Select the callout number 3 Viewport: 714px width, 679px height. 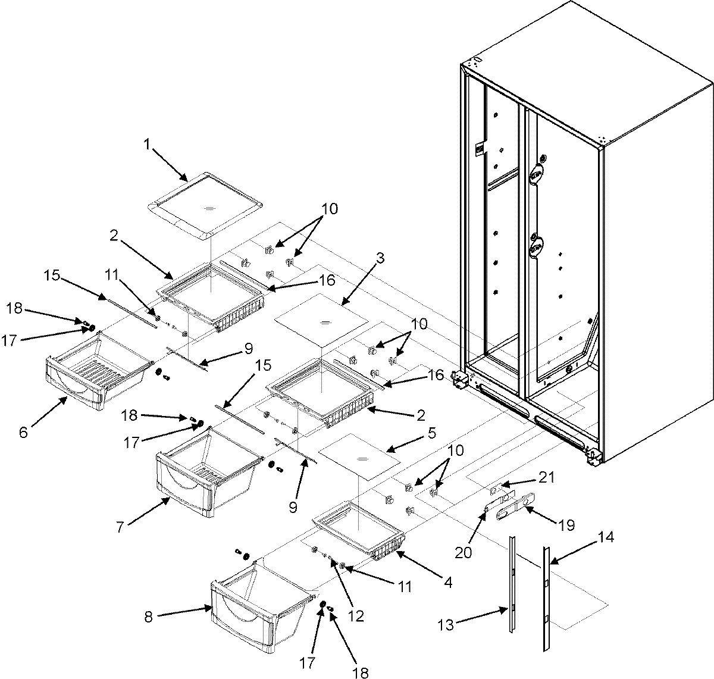pyautogui.click(x=380, y=259)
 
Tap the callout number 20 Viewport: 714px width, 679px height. pyautogui.click(x=464, y=553)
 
